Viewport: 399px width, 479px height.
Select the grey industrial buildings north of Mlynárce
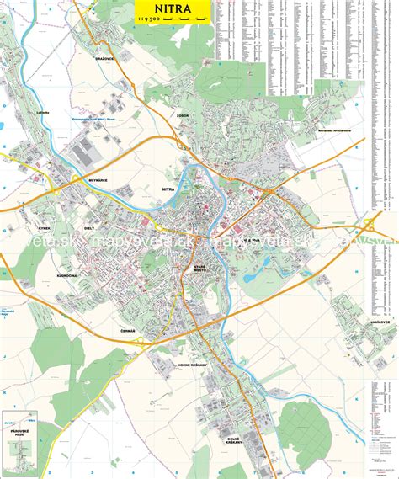88,152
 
